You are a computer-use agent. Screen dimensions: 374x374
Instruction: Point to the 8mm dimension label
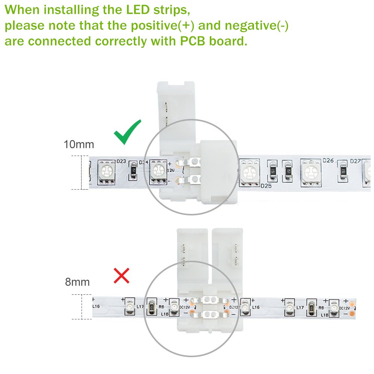pyautogui.click(x=77, y=282)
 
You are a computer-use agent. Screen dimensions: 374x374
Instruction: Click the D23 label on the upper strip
pyautogui.click(x=121, y=162)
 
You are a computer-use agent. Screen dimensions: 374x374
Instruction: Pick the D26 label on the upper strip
pyautogui.click(x=328, y=160)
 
